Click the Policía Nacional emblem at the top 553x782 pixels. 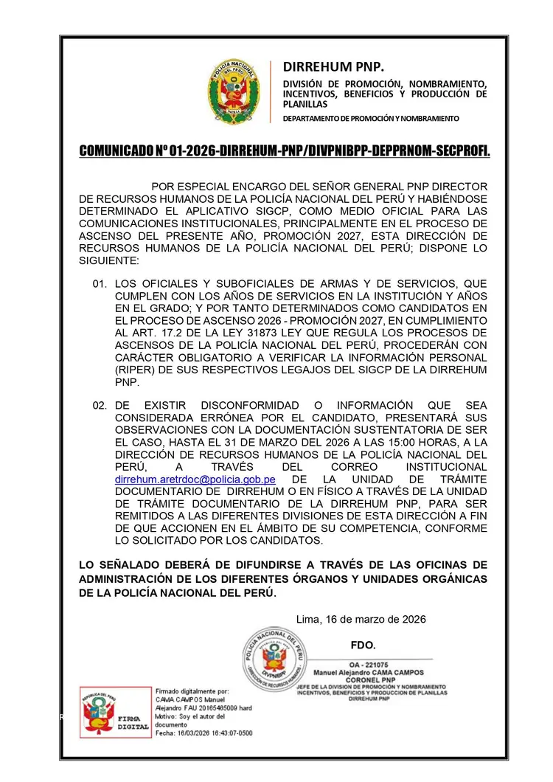(234, 91)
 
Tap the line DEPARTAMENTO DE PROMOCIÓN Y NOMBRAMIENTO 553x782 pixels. (371, 119)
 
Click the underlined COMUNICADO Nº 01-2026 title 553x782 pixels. (285, 151)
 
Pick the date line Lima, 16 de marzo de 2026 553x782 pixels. (361, 619)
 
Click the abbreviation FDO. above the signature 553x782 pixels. (364, 645)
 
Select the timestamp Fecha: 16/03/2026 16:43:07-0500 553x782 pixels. (204, 733)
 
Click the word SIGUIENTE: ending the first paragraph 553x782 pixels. (108, 260)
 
